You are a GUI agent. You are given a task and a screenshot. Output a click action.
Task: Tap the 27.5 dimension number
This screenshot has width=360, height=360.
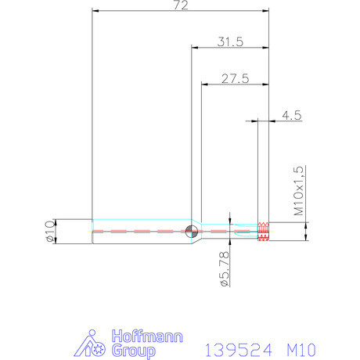[234, 79]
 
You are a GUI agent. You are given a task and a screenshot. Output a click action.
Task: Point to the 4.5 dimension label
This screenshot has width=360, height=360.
[291, 115]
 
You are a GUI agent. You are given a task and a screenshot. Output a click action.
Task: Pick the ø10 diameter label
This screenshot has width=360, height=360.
[50, 232]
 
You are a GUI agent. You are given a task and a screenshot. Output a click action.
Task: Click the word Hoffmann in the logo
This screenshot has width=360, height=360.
[148, 337]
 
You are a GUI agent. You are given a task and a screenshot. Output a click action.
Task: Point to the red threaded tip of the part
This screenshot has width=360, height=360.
[264, 231]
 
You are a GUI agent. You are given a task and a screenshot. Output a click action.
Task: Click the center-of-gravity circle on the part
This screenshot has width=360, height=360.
[192, 231]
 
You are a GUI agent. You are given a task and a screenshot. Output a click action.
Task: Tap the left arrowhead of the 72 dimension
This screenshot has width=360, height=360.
[95, 11]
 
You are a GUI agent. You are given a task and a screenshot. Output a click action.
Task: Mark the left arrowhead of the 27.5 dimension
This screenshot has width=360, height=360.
[204, 84]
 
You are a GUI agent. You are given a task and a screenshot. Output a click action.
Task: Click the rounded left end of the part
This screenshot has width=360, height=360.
[94, 232]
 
